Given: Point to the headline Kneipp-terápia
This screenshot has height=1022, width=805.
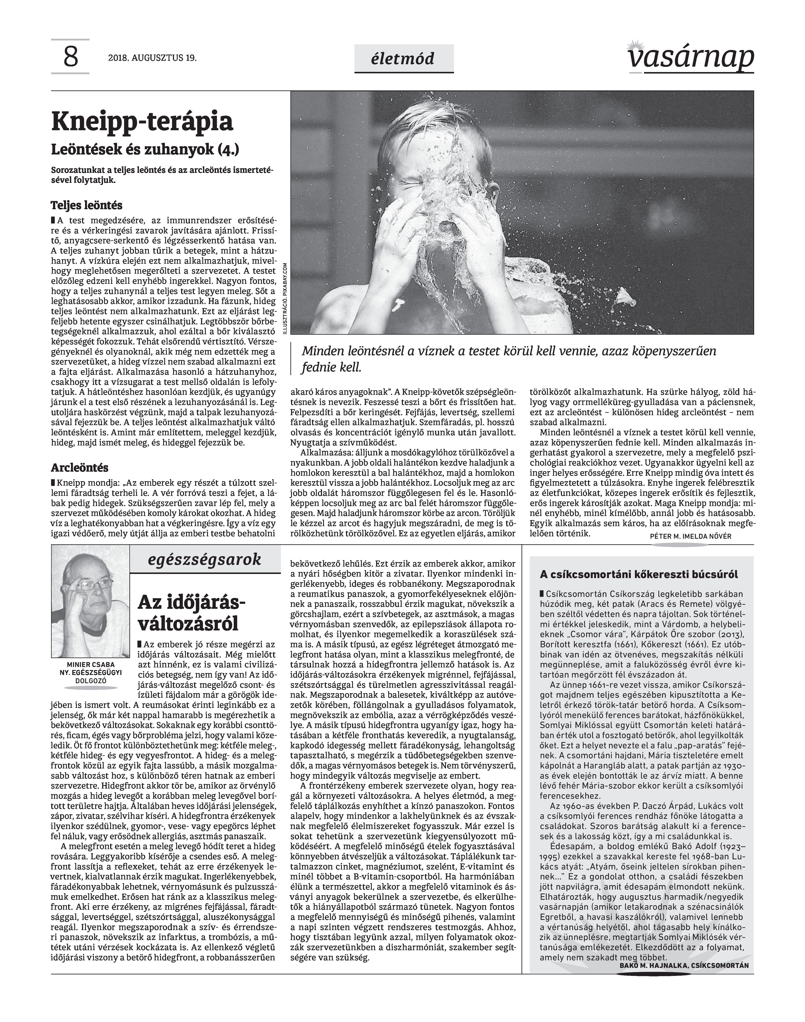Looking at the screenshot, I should [142, 122].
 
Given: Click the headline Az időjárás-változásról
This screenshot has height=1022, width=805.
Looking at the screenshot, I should [191, 613].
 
